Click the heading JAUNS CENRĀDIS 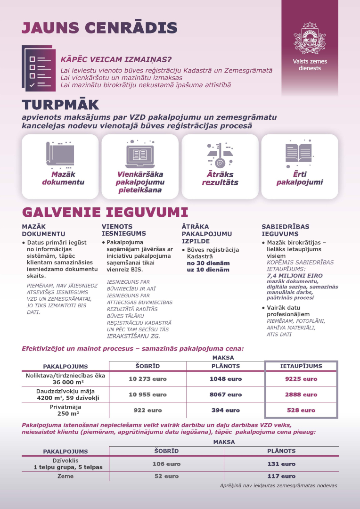99,27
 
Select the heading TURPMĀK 60,105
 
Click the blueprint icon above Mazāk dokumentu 60,154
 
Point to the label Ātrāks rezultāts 220,178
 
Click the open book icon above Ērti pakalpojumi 299,153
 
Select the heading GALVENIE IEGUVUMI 105,212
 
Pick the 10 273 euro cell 147,379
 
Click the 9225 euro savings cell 301,379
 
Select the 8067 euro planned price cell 225,394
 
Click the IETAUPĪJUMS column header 301,366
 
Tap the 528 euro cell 301,410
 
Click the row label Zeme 65,476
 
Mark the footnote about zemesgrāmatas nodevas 278,485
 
